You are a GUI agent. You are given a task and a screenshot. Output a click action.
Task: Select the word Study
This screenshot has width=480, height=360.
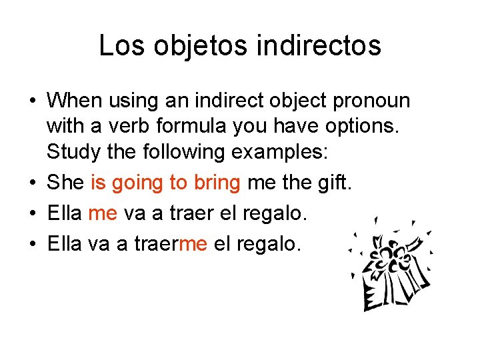pos(71,152)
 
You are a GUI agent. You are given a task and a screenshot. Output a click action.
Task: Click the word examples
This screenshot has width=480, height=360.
pos(279,152)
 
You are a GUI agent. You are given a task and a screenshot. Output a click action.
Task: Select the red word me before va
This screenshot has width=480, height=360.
pos(103,214)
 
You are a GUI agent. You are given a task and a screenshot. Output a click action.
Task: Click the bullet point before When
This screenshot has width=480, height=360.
pos(33,102)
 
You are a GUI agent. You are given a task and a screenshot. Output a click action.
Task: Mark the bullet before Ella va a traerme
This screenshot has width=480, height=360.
pos(33,245)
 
